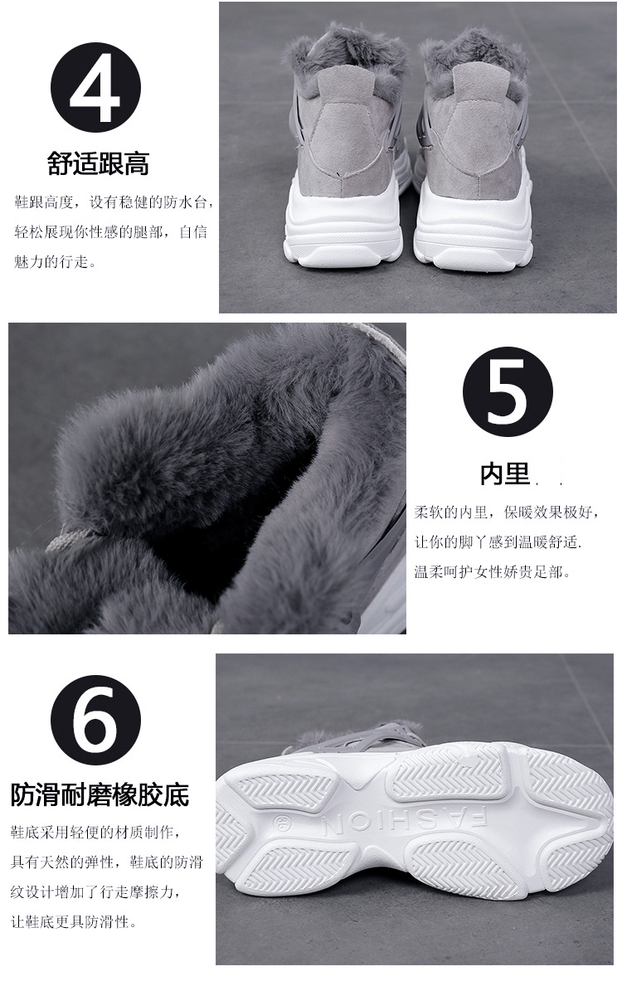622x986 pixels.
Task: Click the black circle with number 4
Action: click(x=95, y=87)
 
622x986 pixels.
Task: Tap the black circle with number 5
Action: click(x=508, y=391)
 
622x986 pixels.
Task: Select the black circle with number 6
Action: click(x=95, y=720)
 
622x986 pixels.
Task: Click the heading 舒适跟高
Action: click(x=99, y=164)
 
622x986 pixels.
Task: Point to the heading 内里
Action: click(x=505, y=474)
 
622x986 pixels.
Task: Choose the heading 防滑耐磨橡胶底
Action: click(x=100, y=794)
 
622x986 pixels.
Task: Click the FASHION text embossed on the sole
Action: click(x=402, y=822)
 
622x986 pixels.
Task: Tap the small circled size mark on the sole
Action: click(x=280, y=823)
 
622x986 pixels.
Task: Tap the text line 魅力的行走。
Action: click(x=56, y=261)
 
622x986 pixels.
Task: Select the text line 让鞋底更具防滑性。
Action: click(x=74, y=922)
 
